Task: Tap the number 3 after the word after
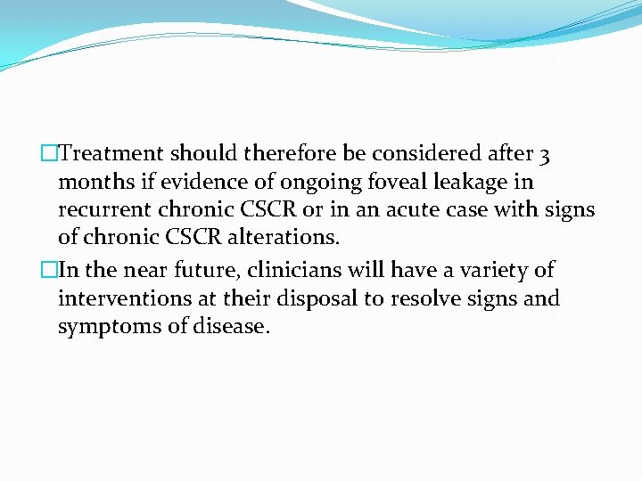(x=544, y=155)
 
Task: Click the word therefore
(x=291, y=154)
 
